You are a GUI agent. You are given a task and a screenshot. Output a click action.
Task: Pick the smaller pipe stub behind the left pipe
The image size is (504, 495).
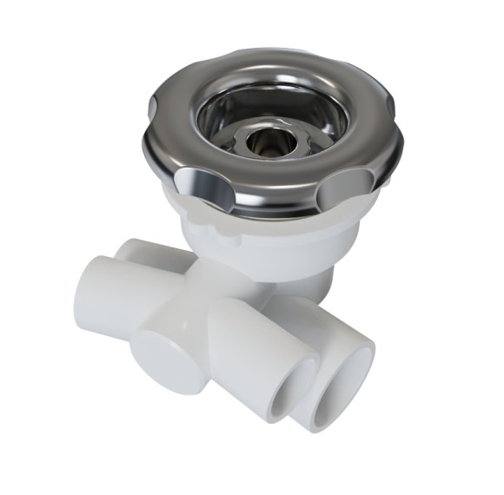pyautogui.click(x=135, y=252)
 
